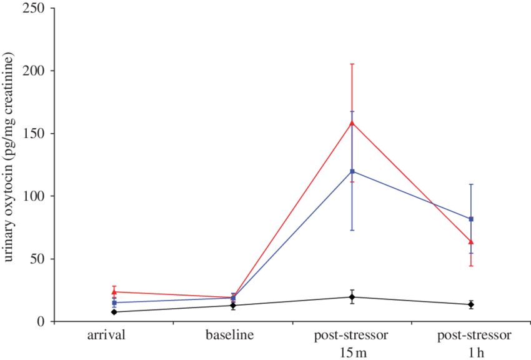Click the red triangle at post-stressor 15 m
tap(352, 122)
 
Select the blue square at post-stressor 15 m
tap(352, 171)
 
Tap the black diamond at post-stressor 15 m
tap(352, 297)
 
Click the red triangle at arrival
tap(114, 292)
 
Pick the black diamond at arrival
tap(114, 312)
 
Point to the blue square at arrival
tap(114, 302)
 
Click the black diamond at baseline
tap(233, 305)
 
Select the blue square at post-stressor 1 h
tap(471, 219)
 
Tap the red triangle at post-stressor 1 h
tap(471, 242)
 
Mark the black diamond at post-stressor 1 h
tap(471, 304)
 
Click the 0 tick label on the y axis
tap(42, 321)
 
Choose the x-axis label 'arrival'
tap(107, 335)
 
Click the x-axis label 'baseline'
tap(230, 335)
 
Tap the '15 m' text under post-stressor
tap(351, 352)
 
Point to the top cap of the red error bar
tap(352, 64)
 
